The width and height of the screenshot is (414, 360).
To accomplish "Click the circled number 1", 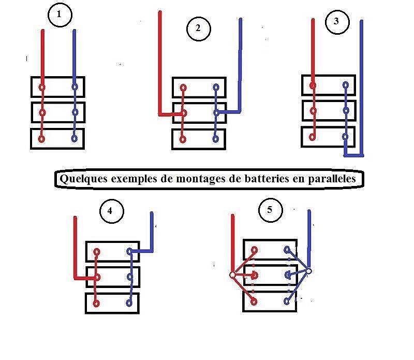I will click(59, 16).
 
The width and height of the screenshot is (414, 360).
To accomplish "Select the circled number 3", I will click(337, 21).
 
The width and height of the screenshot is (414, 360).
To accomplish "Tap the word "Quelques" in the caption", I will click(82, 179).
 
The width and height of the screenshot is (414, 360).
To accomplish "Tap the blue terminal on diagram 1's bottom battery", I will click(75, 138).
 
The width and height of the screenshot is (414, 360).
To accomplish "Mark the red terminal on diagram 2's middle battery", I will click(183, 112).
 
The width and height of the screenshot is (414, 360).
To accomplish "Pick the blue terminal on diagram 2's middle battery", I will click(216, 112).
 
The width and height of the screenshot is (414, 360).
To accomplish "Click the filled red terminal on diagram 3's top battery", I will click(312, 85).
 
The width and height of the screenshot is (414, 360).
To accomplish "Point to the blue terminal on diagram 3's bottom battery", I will click(345, 137).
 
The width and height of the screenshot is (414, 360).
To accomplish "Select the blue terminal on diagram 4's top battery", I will click(129, 252).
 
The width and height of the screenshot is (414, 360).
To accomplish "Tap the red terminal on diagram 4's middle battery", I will click(97, 277).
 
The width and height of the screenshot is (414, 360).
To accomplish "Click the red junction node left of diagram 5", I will click(232, 275).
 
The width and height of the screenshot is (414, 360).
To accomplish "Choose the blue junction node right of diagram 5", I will click(308, 271).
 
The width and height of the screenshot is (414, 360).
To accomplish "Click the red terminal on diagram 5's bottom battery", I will click(254, 300).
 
